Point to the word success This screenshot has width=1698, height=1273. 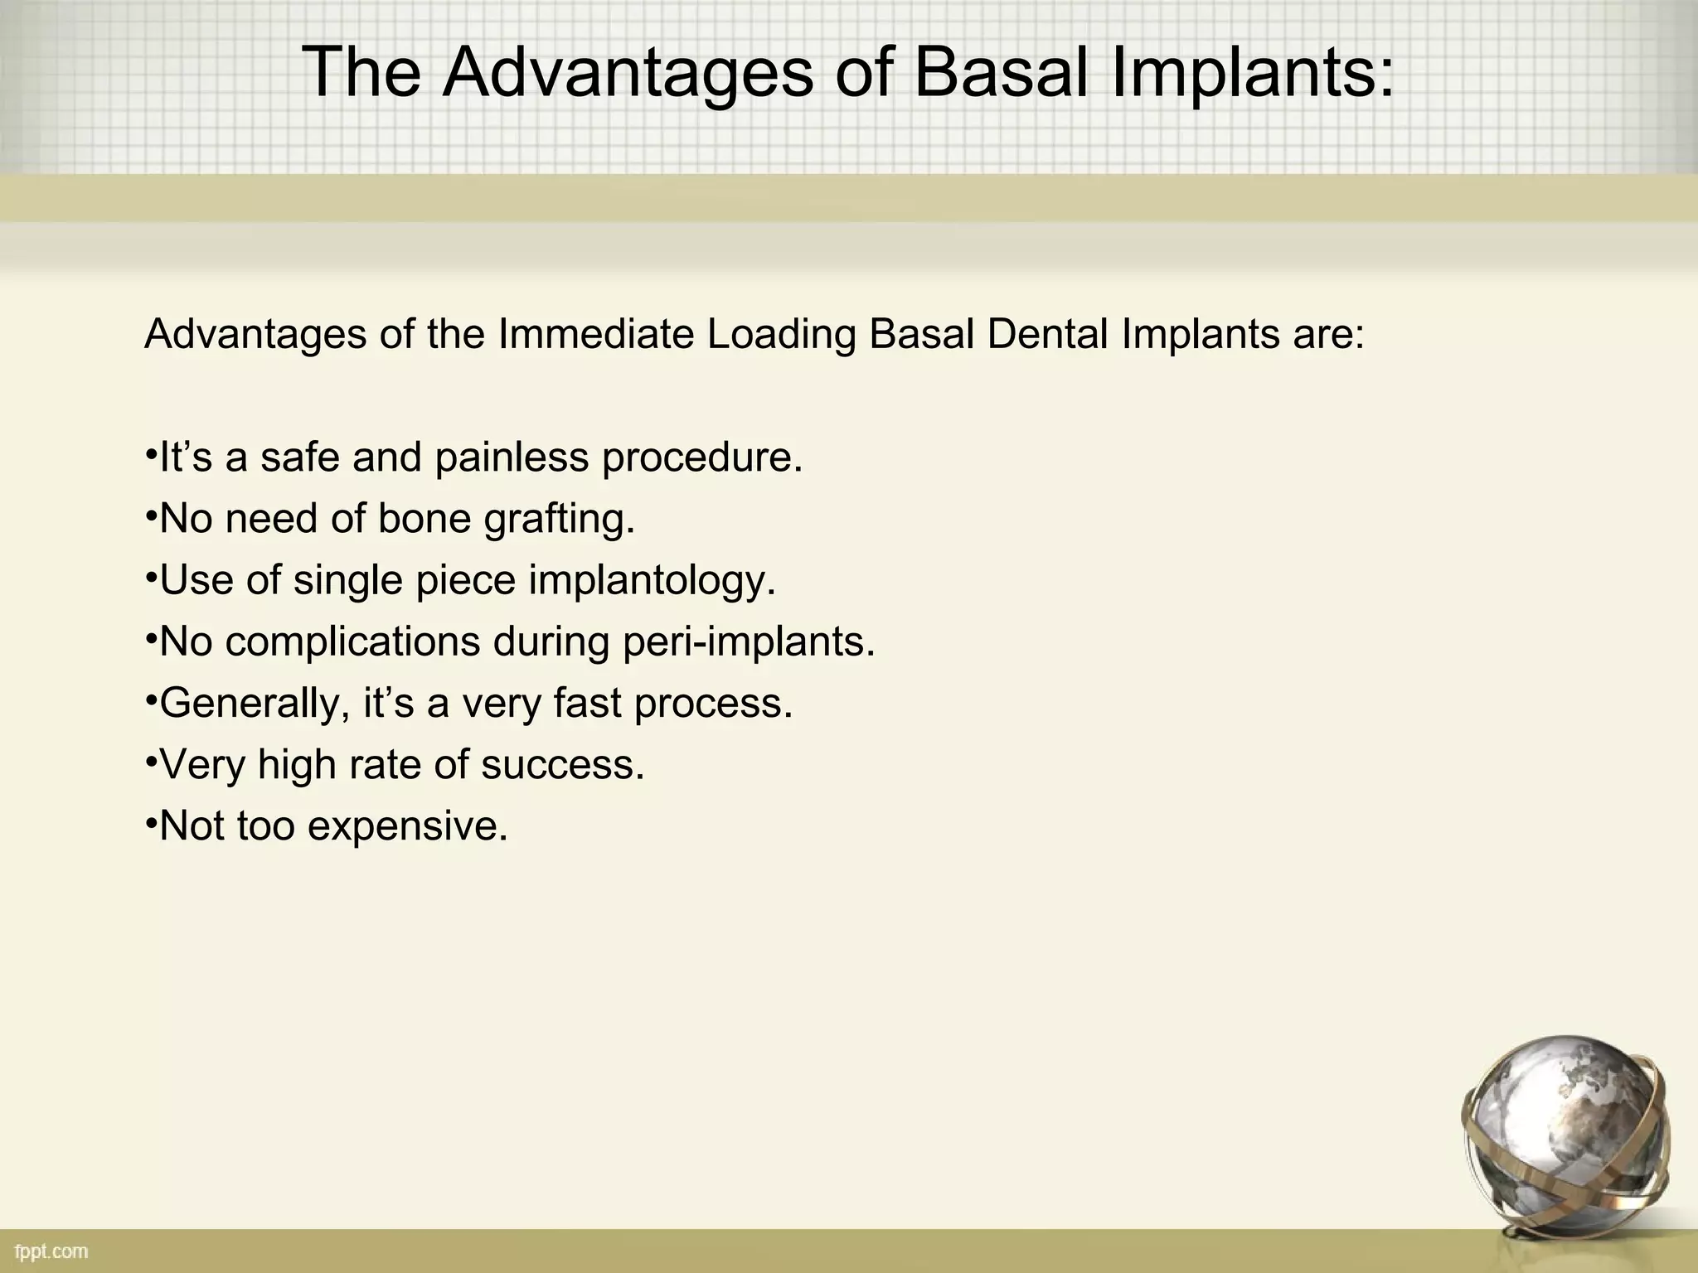click(563, 764)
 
